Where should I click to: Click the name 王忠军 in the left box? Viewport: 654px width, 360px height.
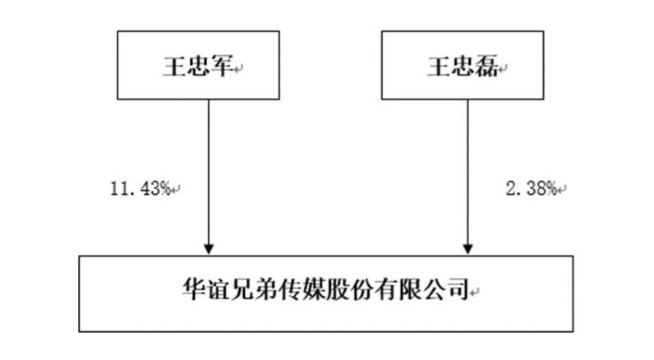pos(198,67)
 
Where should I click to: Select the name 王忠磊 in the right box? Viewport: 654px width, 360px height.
pos(463,67)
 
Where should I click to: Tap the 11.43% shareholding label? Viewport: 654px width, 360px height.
pos(140,188)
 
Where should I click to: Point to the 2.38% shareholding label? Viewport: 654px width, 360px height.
pos(532,188)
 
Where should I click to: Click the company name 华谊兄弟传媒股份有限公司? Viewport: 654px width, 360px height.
pos(325,288)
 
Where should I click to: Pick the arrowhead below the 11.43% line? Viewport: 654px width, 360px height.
pos(209,248)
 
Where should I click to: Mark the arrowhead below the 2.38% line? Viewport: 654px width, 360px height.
pos(467,248)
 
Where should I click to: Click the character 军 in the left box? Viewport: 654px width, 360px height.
pos(222,67)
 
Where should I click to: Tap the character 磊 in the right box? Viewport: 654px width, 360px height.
pos(486,67)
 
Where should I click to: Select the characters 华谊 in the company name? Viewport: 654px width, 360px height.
pos(206,288)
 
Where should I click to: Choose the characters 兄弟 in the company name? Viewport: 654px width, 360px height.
pos(254,288)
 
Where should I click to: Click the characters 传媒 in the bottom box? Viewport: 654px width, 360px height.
pos(302,288)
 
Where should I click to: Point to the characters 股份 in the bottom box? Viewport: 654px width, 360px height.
pos(349,288)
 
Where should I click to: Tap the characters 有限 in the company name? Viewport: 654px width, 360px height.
pos(397,288)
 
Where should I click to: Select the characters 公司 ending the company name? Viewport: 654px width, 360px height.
pos(444,288)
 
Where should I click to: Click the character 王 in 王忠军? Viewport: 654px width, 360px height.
pos(174,67)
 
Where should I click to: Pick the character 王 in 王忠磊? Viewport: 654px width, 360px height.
pos(439,67)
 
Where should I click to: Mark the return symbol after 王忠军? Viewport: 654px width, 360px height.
pos(238,69)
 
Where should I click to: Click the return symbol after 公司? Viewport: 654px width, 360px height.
pos(474,293)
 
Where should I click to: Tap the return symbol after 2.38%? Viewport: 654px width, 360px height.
pos(562,190)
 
